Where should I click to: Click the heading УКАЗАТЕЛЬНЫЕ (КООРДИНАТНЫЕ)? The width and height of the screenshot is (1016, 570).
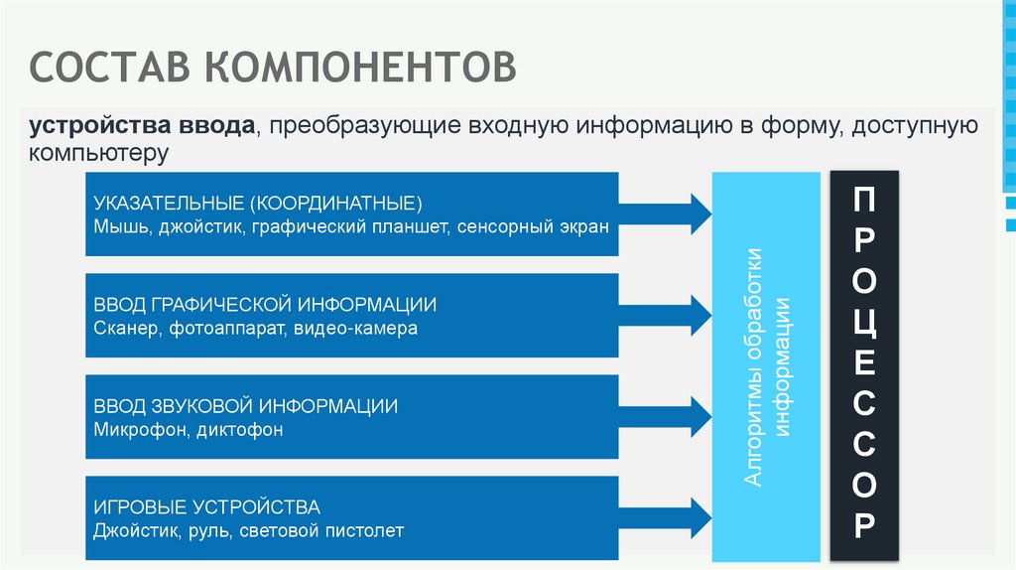tap(258, 204)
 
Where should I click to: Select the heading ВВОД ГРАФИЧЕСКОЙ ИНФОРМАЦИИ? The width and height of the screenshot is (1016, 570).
tap(265, 304)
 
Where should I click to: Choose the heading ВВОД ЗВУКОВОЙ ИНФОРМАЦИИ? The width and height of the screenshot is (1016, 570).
tap(246, 406)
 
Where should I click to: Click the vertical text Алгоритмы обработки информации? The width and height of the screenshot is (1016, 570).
tap(767, 367)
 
